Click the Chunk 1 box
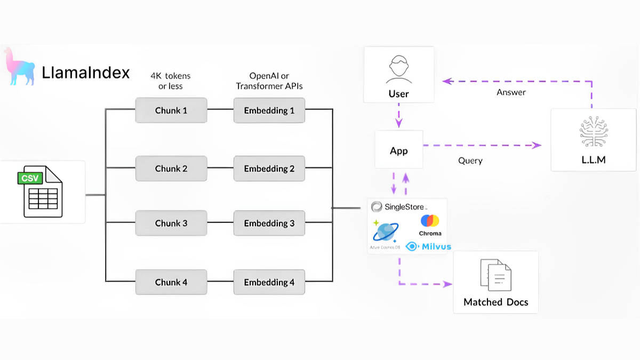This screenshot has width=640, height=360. click(x=171, y=110)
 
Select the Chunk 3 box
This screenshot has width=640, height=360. click(x=171, y=223)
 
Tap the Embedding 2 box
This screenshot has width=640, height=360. click(x=269, y=168)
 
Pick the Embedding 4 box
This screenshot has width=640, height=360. click(x=269, y=282)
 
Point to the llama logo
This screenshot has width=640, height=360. click(x=19, y=67)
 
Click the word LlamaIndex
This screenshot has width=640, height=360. click(x=85, y=72)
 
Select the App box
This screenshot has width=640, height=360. click(x=398, y=150)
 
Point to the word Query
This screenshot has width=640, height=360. click(x=470, y=161)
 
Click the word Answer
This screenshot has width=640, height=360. click(x=511, y=92)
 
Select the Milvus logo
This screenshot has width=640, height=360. click(x=428, y=246)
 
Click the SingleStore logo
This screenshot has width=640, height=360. click(x=399, y=206)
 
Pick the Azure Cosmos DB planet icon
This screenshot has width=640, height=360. click(x=385, y=233)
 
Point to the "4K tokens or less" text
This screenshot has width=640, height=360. click(x=171, y=81)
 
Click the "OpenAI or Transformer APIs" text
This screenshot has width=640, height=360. click(x=269, y=81)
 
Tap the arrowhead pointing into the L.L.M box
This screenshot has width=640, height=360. click(x=537, y=145)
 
